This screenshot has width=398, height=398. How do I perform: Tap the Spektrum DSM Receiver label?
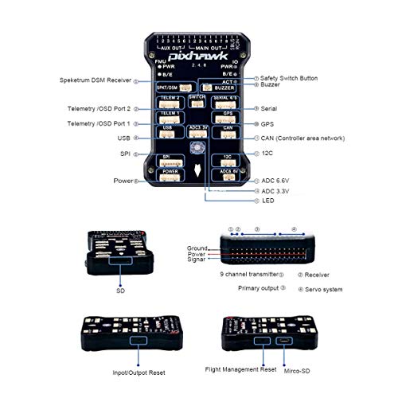click(x=95, y=80)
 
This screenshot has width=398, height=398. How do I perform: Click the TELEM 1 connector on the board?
click(x=169, y=118)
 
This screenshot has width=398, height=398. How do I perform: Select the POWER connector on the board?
click(x=169, y=174)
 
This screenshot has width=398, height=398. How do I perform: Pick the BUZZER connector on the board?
click(x=224, y=88)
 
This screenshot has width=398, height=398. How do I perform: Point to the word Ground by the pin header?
click(x=197, y=248)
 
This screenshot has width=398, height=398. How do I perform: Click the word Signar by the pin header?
click(x=197, y=260)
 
